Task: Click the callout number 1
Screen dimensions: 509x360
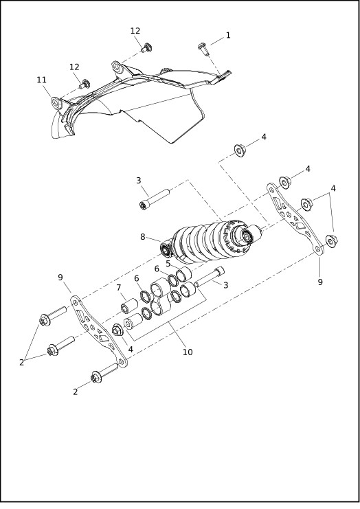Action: click(228, 35)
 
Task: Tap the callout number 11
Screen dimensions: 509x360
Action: click(42, 80)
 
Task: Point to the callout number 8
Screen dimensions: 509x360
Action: click(143, 237)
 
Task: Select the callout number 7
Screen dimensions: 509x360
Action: click(119, 287)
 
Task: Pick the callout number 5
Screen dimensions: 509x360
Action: click(168, 263)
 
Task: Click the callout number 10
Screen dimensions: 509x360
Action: click(187, 352)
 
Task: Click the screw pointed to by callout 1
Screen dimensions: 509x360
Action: click(203, 47)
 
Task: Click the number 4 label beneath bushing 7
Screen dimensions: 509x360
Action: click(131, 350)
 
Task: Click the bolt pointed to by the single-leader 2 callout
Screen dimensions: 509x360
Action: click(101, 375)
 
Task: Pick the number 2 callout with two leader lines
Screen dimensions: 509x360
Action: click(22, 362)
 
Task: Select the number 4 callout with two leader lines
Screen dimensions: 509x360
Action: click(333, 188)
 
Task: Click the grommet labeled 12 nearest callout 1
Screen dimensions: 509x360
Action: click(146, 48)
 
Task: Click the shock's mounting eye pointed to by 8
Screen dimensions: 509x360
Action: click(166, 248)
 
